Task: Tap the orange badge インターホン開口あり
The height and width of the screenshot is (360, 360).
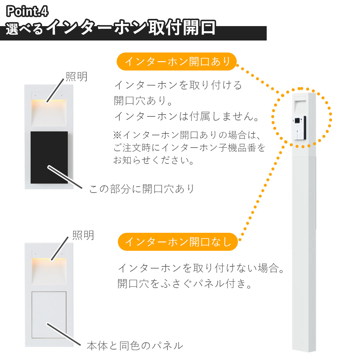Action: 176,61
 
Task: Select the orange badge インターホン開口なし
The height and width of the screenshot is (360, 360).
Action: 178,242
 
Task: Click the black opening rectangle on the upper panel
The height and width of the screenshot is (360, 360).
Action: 49,157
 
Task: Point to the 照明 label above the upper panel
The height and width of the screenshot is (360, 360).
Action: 76,76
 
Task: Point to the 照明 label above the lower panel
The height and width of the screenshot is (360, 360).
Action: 83,235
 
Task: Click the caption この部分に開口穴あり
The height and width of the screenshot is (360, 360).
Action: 141,189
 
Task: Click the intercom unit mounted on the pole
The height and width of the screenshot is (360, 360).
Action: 299,127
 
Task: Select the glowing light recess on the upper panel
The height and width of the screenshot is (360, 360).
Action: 49,112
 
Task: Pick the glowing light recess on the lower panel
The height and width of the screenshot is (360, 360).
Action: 49,271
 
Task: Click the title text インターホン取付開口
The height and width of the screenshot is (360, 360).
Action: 131,28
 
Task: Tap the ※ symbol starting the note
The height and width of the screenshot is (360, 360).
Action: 118,135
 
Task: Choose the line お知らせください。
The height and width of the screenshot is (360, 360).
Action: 154,160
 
